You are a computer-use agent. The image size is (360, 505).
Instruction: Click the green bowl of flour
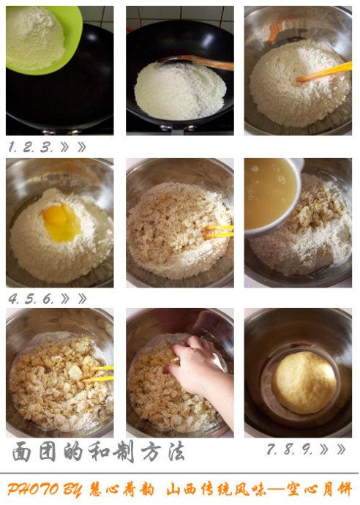pos(42,39)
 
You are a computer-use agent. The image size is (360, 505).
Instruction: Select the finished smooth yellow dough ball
pos(304,383)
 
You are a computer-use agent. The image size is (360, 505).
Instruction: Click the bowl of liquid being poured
pos(272,195)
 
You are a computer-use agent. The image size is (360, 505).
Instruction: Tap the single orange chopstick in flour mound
pos(323,73)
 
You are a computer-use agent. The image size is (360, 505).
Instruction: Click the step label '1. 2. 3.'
pos(30,148)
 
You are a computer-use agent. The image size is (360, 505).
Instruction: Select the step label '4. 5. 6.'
pos(31,299)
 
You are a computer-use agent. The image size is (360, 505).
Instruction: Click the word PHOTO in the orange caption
pos(33,490)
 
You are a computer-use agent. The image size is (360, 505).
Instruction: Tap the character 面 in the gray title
pos(22,452)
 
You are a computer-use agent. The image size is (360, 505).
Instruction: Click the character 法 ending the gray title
pos(176,451)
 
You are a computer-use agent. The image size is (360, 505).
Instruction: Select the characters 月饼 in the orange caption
pos(337,490)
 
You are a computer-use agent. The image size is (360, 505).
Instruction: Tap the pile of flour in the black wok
pos(180,91)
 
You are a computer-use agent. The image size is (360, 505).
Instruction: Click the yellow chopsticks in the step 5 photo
pos(219,231)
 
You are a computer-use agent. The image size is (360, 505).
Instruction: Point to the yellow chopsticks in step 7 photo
pos(98,373)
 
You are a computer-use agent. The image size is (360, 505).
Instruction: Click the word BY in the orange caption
pos(72,490)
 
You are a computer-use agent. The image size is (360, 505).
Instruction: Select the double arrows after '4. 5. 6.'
pos(73,299)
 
